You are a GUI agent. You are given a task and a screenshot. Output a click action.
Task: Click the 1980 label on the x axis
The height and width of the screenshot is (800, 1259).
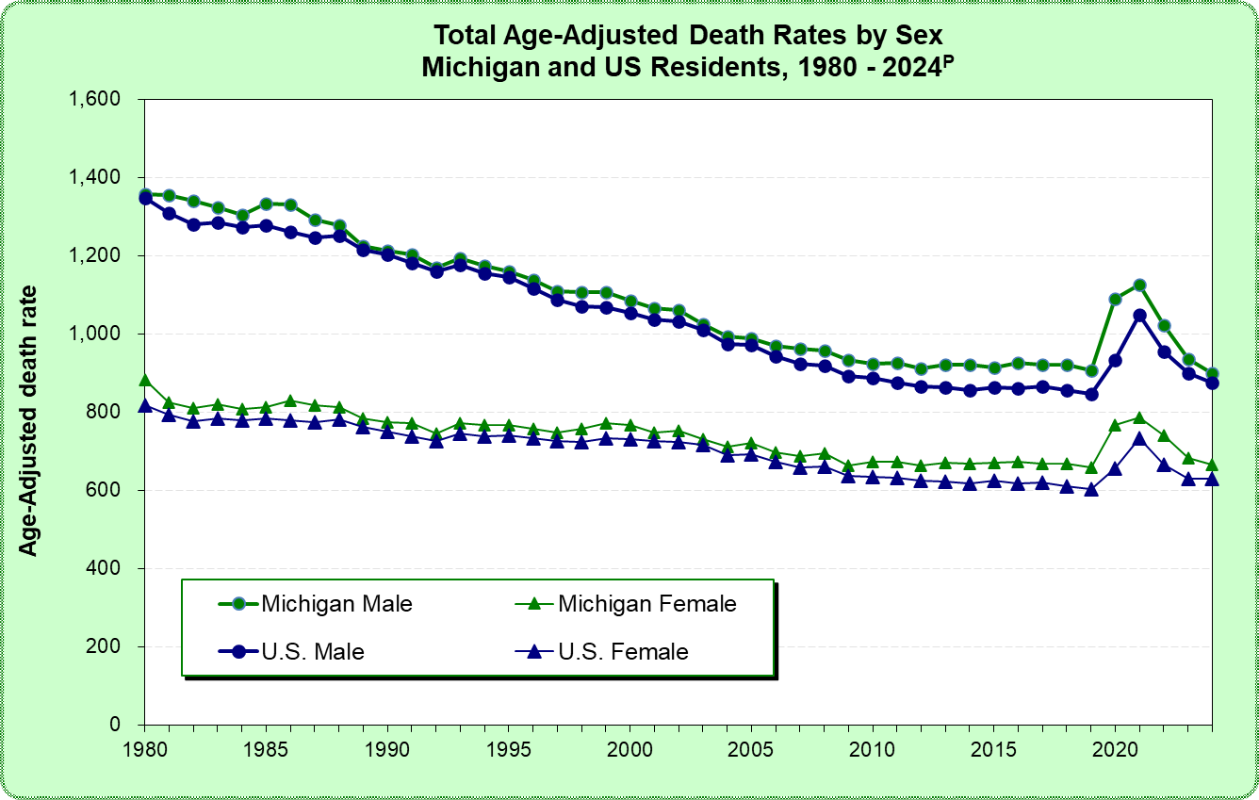(145, 744)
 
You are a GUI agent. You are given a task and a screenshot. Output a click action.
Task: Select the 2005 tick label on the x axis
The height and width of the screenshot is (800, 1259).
(751, 744)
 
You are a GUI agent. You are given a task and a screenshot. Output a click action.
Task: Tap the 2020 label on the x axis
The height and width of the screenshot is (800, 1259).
(1115, 744)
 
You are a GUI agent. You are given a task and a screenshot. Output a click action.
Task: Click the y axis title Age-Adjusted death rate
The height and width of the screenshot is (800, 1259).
(30, 419)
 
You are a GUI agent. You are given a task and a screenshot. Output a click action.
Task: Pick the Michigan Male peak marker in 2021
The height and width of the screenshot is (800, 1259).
(1139, 285)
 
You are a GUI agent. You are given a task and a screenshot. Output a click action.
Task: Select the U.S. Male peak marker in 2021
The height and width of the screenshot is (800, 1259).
(1139, 316)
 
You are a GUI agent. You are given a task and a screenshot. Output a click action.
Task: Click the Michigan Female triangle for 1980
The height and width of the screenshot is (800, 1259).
(145, 380)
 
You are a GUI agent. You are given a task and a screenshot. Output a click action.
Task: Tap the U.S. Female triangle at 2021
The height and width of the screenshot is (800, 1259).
(1139, 439)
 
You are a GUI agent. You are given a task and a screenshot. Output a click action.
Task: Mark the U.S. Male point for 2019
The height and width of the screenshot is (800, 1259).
(1091, 394)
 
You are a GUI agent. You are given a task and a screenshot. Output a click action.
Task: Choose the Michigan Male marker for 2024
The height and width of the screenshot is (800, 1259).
(1213, 373)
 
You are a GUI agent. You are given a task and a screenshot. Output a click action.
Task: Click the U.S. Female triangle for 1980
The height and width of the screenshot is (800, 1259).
(145, 405)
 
